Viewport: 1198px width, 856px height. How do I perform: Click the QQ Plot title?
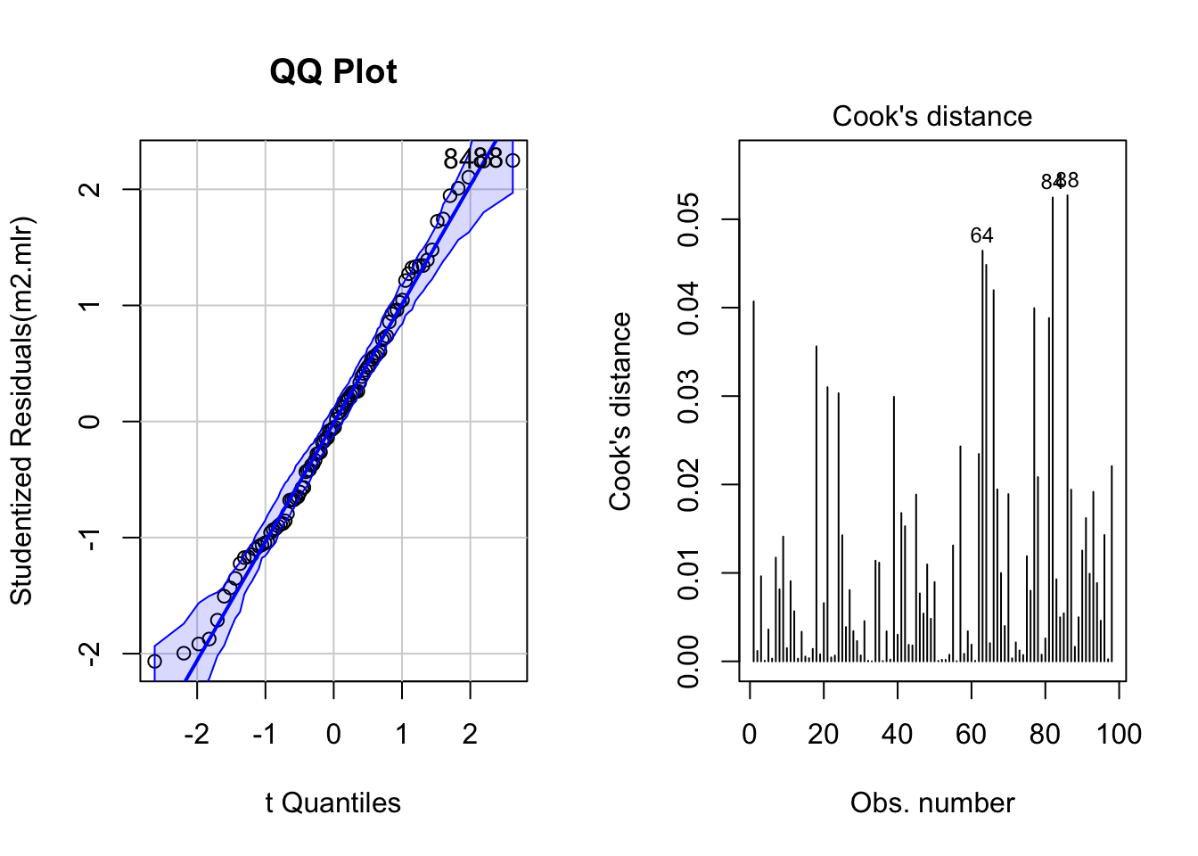333,72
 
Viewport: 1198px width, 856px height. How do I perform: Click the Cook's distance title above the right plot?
931,117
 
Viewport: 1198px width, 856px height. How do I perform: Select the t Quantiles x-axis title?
332,803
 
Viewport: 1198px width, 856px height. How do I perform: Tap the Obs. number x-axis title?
931,803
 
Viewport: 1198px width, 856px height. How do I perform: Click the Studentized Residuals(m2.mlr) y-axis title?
21,410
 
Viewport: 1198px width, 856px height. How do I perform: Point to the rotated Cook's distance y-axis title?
620,411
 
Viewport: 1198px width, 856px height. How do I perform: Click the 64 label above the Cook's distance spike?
981,236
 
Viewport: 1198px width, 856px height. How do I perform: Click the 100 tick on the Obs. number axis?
1119,734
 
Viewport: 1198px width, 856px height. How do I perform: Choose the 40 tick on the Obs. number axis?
897,734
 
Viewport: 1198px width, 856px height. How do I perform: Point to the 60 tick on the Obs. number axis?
971,734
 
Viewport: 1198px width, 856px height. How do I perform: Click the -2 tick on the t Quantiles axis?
196,734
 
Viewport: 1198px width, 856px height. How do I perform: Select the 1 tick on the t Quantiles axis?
402,734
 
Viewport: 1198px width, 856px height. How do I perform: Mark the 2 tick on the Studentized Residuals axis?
90,190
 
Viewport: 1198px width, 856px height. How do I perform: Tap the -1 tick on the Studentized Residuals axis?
90,538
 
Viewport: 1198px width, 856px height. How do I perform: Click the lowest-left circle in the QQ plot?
154,662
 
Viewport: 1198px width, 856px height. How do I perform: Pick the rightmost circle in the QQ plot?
513,161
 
